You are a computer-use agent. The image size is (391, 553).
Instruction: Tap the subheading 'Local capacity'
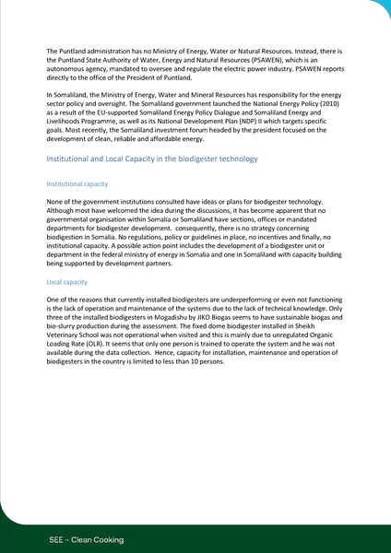[x=67, y=282]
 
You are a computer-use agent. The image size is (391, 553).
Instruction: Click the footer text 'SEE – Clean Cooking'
[x=87, y=538]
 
